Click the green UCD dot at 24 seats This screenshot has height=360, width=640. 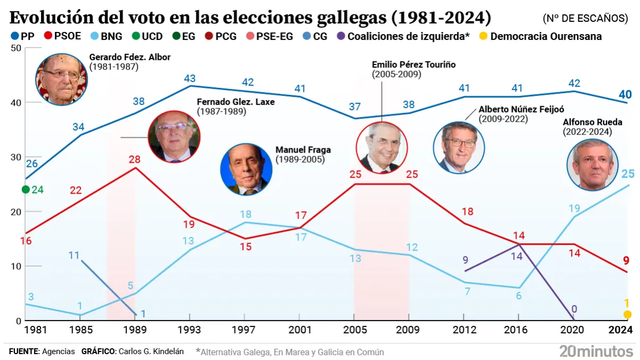pyautogui.click(x=25, y=189)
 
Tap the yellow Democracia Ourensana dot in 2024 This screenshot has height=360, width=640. pyautogui.click(x=627, y=315)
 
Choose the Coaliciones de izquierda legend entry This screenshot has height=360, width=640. pyautogui.click(x=403, y=37)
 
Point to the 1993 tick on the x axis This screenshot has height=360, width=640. pyautogui.click(x=189, y=330)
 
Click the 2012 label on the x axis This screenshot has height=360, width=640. pyautogui.click(x=465, y=330)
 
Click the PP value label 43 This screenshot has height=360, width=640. pyautogui.click(x=189, y=78)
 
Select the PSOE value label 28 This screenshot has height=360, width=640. pyautogui.click(x=134, y=159)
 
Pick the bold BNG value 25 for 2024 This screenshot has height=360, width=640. pyautogui.click(x=627, y=174)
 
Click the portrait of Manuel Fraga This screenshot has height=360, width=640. pyautogui.click(x=246, y=169)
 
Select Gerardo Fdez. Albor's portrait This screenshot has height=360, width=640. pyautogui.click(x=61, y=78)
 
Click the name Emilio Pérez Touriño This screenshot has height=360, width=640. pyautogui.click(x=413, y=65)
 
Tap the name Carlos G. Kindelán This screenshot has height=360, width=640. pyautogui.click(x=151, y=351)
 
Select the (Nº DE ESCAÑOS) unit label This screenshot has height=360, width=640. pyautogui.click(x=585, y=18)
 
